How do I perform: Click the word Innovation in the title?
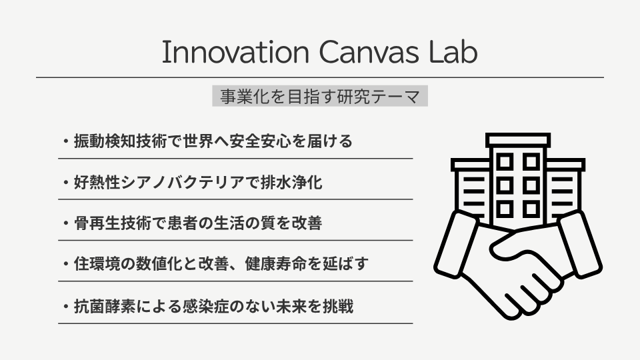point(235,52)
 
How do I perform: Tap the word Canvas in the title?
point(369,52)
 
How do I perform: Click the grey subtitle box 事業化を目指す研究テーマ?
point(320,96)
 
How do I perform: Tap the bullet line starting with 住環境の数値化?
point(216,264)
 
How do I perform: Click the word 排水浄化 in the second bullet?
point(291,182)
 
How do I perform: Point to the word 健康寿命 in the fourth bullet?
point(275,264)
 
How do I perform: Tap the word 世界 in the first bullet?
point(199,141)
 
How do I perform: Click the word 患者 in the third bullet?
point(183,223)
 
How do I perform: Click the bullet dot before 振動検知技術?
point(65,141)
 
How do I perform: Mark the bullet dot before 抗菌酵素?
point(65,307)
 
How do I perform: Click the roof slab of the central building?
point(518,140)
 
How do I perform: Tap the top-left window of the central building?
point(505,162)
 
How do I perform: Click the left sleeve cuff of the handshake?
point(455,245)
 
